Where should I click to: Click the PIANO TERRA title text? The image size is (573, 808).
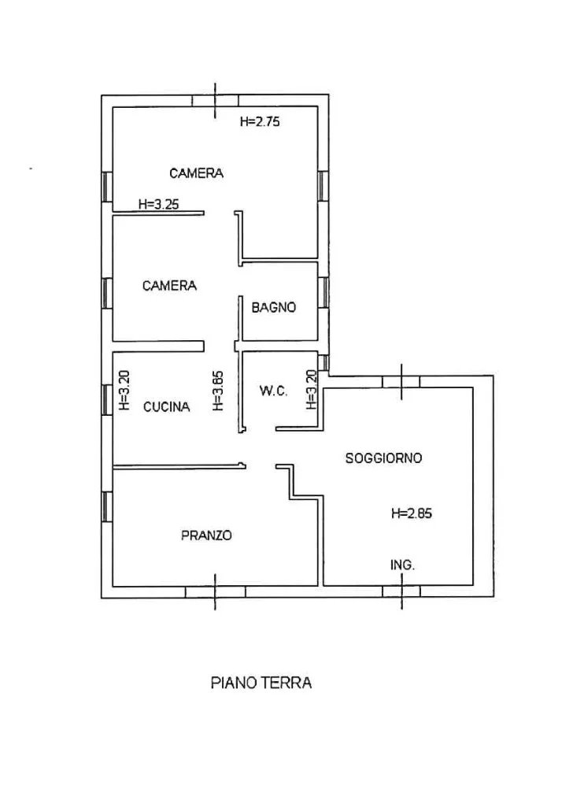click(x=261, y=683)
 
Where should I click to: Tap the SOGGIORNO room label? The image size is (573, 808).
click(x=383, y=458)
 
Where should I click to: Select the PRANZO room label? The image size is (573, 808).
click(x=206, y=536)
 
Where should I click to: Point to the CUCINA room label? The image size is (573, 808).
click(x=166, y=407)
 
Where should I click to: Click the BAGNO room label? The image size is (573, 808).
click(x=274, y=308)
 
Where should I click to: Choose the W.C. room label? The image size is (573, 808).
click(x=273, y=391)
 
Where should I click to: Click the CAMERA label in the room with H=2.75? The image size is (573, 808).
click(x=196, y=173)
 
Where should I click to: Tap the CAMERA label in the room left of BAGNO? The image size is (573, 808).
click(x=169, y=286)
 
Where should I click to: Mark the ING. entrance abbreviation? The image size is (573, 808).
click(x=403, y=565)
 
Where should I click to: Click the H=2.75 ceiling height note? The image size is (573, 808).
click(x=261, y=122)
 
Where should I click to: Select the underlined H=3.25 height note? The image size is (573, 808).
click(x=158, y=204)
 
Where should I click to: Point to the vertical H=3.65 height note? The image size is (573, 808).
click(x=219, y=391)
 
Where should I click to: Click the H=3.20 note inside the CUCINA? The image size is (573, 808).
click(x=124, y=391)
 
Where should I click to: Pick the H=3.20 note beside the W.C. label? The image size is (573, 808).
click(x=311, y=390)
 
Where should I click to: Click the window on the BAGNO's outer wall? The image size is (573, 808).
click(x=323, y=292)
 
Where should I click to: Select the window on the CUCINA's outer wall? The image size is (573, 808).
click(x=106, y=398)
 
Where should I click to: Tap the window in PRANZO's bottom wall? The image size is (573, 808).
click(x=215, y=592)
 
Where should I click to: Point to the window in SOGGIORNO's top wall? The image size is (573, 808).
click(x=401, y=381)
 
